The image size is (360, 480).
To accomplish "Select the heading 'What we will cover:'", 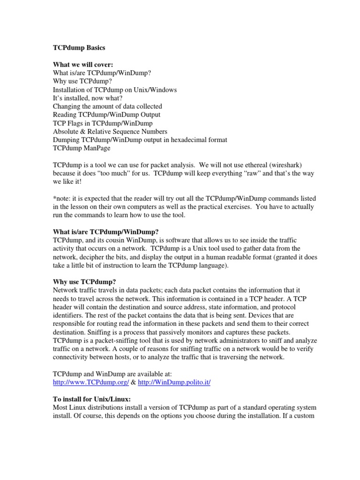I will [83, 65].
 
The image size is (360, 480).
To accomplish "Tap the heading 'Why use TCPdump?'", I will [84, 282].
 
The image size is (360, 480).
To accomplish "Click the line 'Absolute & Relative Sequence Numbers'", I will [110, 131].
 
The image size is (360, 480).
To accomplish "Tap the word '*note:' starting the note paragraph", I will [62, 198].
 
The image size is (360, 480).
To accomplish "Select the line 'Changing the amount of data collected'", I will [107, 106].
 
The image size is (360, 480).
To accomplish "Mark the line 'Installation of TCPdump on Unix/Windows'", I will [115, 90].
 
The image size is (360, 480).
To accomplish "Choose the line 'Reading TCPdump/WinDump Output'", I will [106, 115].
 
